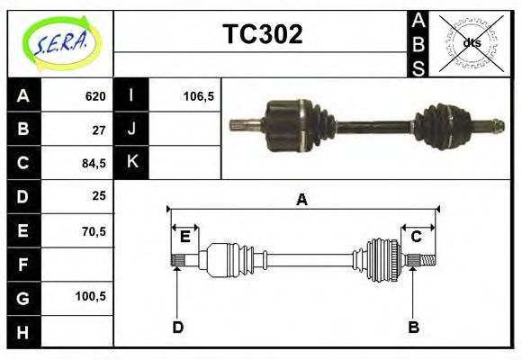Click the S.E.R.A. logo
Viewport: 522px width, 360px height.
pyautogui.click(x=60, y=43)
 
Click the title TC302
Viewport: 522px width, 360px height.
pyautogui.click(x=262, y=35)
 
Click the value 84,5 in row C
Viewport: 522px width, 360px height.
pyautogui.click(x=94, y=163)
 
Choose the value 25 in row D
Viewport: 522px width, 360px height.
pyautogui.click(x=99, y=195)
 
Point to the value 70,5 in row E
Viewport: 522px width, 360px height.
pyautogui.click(x=94, y=230)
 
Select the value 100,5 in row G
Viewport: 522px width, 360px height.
pyautogui.click(x=92, y=296)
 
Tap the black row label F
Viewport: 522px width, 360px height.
pyautogui.click(x=23, y=264)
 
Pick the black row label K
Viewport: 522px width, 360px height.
pyautogui.click(x=132, y=163)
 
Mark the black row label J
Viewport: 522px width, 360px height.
pyautogui.click(x=132, y=130)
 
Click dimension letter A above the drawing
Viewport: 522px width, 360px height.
pyautogui.click(x=301, y=200)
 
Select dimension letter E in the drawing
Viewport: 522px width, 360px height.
pyautogui.click(x=184, y=237)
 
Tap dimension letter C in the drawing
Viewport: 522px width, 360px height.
pyautogui.click(x=417, y=237)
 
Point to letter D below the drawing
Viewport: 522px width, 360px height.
pyautogui.click(x=177, y=327)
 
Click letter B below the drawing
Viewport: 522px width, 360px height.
pyautogui.click(x=414, y=327)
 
